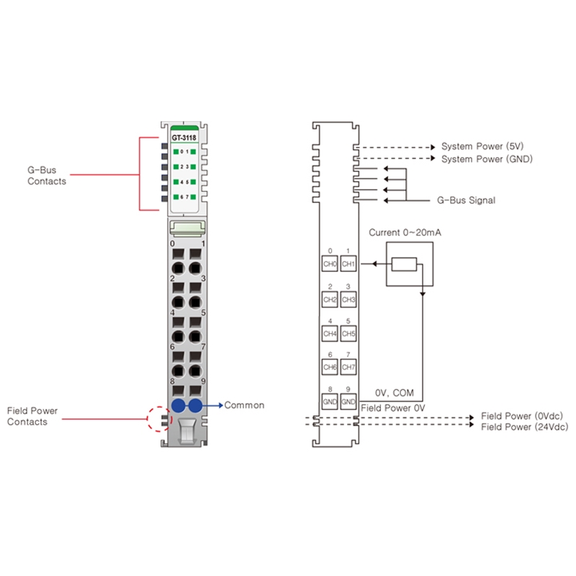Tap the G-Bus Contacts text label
(47, 176)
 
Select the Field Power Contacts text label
(32, 416)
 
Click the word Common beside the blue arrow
(244, 405)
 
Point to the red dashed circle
(159, 418)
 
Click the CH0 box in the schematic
(330, 264)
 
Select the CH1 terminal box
(348, 264)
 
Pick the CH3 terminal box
(348, 299)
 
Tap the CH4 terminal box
(330, 333)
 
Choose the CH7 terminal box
(348, 367)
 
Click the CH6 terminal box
(330, 367)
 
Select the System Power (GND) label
(487, 158)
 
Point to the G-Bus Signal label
(466, 200)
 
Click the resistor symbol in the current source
(405, 264)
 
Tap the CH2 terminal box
(330, 299)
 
